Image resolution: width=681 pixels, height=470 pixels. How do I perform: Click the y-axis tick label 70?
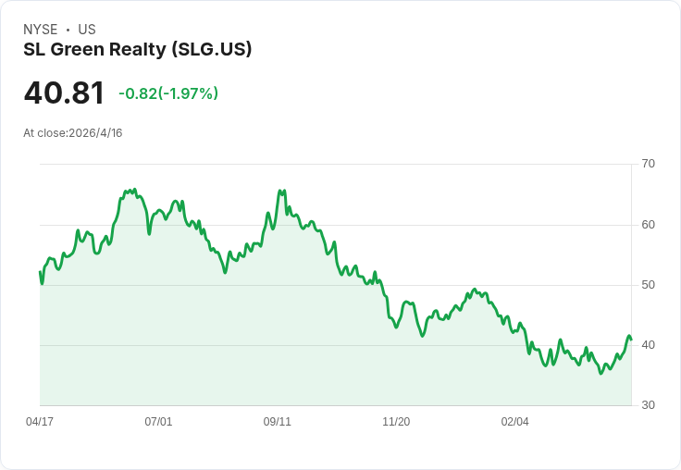pyautogui.click(x=648, y=164)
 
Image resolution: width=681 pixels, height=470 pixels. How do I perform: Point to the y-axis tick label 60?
pyautogui.click(x=648, y=225)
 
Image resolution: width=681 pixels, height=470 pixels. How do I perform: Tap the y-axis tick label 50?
pyautogui.click(x=648, y=285)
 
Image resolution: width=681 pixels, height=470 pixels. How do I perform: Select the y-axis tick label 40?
pyautogui.click(x=648, y=345)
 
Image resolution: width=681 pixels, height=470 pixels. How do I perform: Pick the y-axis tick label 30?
pyautogui.click(x=648, y=405)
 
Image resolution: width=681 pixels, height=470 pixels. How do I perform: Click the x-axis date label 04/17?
pyautogui.click(x=40, y=422)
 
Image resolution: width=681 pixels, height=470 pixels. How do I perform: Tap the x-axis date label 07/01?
pyautogui.click(x=158, y=422)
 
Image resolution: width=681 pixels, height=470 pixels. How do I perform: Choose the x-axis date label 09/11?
pyautogui.click(x=278, y=422)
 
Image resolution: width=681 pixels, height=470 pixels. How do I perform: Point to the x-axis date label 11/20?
pyautogui.click(x=396, y=422)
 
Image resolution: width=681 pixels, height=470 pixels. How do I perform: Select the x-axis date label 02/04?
pyautogui.click(x=515, y=422)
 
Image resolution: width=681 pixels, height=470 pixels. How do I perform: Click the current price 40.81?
pyautogui.click(x=64, y=93)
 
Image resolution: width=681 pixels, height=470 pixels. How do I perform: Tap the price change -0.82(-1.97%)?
pyautogui.click(x=168, y=93)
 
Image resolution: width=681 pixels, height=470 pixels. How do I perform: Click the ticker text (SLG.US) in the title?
pyautogui.click(x=212, y=49)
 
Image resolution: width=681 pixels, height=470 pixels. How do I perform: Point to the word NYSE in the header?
pyautogui.click(x=41, y=30)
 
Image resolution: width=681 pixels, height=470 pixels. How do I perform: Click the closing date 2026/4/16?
pyautogui.click(x=95, y=133)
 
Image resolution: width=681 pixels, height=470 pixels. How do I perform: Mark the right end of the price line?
pyautogui.click(x=631, y=339)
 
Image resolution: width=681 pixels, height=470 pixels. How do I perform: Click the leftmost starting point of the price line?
pyautogui.click(x=40, y=272)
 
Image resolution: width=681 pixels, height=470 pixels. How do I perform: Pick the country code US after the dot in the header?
pyautogui.click(x=87, y=30)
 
